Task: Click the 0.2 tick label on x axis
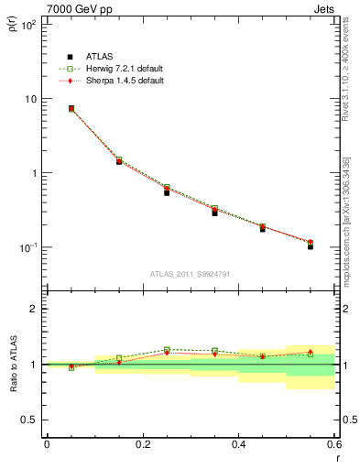pyautogui.click(x=142, y=444)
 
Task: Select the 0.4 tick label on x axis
pyautogui.click(x=238, y=444)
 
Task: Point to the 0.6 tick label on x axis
pyautogui.click(x=333, y=444)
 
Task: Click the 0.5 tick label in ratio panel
pyautogui.click(x=28, y=420)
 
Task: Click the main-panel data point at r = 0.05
pyautogui.click(x=71, y=108)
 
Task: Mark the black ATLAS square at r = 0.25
pyautogui.click(x=167, y=192)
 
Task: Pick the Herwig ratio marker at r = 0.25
pyautogui.click(x=167, y=350)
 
